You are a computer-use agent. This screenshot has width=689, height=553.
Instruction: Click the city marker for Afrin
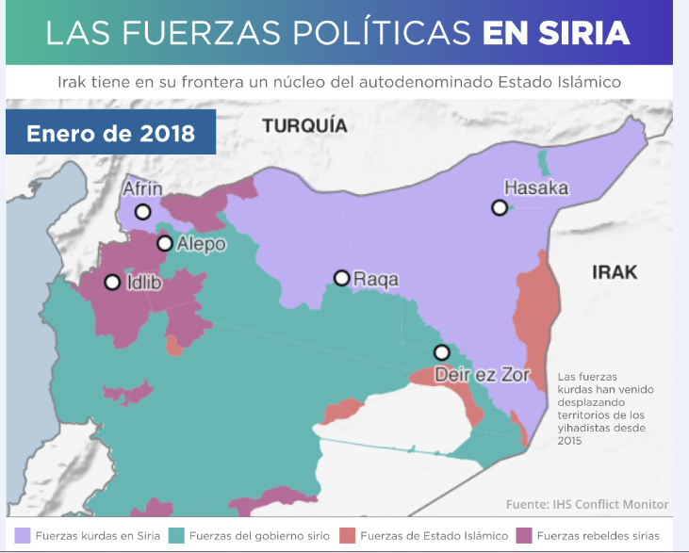pyautogui.click(x=142, y=212)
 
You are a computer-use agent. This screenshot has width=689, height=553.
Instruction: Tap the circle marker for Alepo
pyautogui.click(x=165, y=243)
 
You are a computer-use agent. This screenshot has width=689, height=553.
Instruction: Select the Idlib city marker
pyautogui.click(x=112, y=282)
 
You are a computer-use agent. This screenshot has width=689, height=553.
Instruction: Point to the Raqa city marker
pyautogui.click(x=342, y=278)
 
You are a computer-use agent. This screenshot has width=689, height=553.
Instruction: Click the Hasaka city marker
pyautogui.click(x=500, y=207)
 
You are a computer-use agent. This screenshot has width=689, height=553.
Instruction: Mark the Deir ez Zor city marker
pyautogui.click(x=441, y=352)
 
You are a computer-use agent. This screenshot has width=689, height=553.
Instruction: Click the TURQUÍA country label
pyautogui.click(x=304, y=125)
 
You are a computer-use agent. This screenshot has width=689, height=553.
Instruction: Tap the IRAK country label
pyautogui.click(x=615, y=272)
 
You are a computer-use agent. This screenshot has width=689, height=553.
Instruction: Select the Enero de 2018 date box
pyautogui.click(x=110, y=133)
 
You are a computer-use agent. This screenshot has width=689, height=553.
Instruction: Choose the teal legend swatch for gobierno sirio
pyautogui.click(x=175, y=535)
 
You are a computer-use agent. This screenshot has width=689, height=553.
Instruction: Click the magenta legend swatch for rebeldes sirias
pyautogui.click(x=524, y=535)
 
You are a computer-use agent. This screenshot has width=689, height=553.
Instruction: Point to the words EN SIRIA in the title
pyautogui.click(x=555, y=34)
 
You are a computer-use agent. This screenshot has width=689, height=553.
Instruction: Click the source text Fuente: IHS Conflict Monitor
pyautogui.click(x=587, y=503)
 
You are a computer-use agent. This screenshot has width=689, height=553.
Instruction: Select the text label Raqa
pyautogui.click(x=375, y=279)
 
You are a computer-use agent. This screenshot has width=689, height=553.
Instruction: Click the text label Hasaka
pyautogui.click(x=535, y=187)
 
